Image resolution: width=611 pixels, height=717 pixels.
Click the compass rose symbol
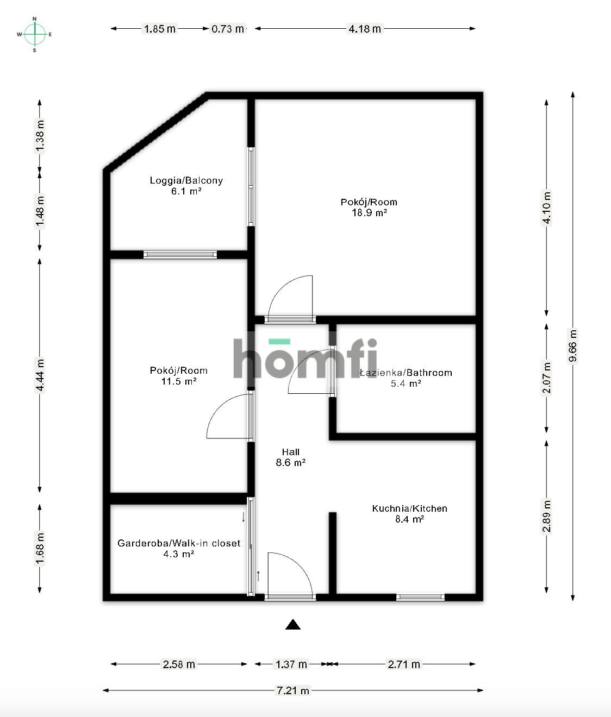(x=35, y=34)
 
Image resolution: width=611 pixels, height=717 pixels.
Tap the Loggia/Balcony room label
(x=186, y=181)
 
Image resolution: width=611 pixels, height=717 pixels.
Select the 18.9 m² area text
(x=369, y=213)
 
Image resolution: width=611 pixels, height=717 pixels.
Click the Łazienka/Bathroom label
(x=406, y=373)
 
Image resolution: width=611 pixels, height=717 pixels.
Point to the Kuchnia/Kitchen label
(x=409, y=509)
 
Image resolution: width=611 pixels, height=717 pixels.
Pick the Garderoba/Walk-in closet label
(x=179, y=543)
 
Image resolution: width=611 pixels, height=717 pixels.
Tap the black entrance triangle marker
(x=293, y=625)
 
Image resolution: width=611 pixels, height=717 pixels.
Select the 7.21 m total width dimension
(x=293, y=690)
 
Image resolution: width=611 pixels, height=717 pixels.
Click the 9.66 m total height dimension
(x=573, y=345)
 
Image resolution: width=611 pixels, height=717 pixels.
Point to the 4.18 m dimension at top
(x=364, y=29)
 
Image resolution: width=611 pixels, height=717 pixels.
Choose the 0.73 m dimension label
(x=228, y=29)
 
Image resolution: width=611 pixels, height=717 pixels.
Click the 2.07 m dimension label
(x=547, y=378)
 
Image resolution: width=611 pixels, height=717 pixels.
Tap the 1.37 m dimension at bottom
(x=291, y=664)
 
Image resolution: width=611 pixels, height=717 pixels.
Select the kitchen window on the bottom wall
(x=420, y=597)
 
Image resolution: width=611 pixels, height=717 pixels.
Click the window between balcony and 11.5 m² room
(x=180, y=254)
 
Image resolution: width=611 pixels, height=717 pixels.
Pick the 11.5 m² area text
(x=179, y=381)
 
